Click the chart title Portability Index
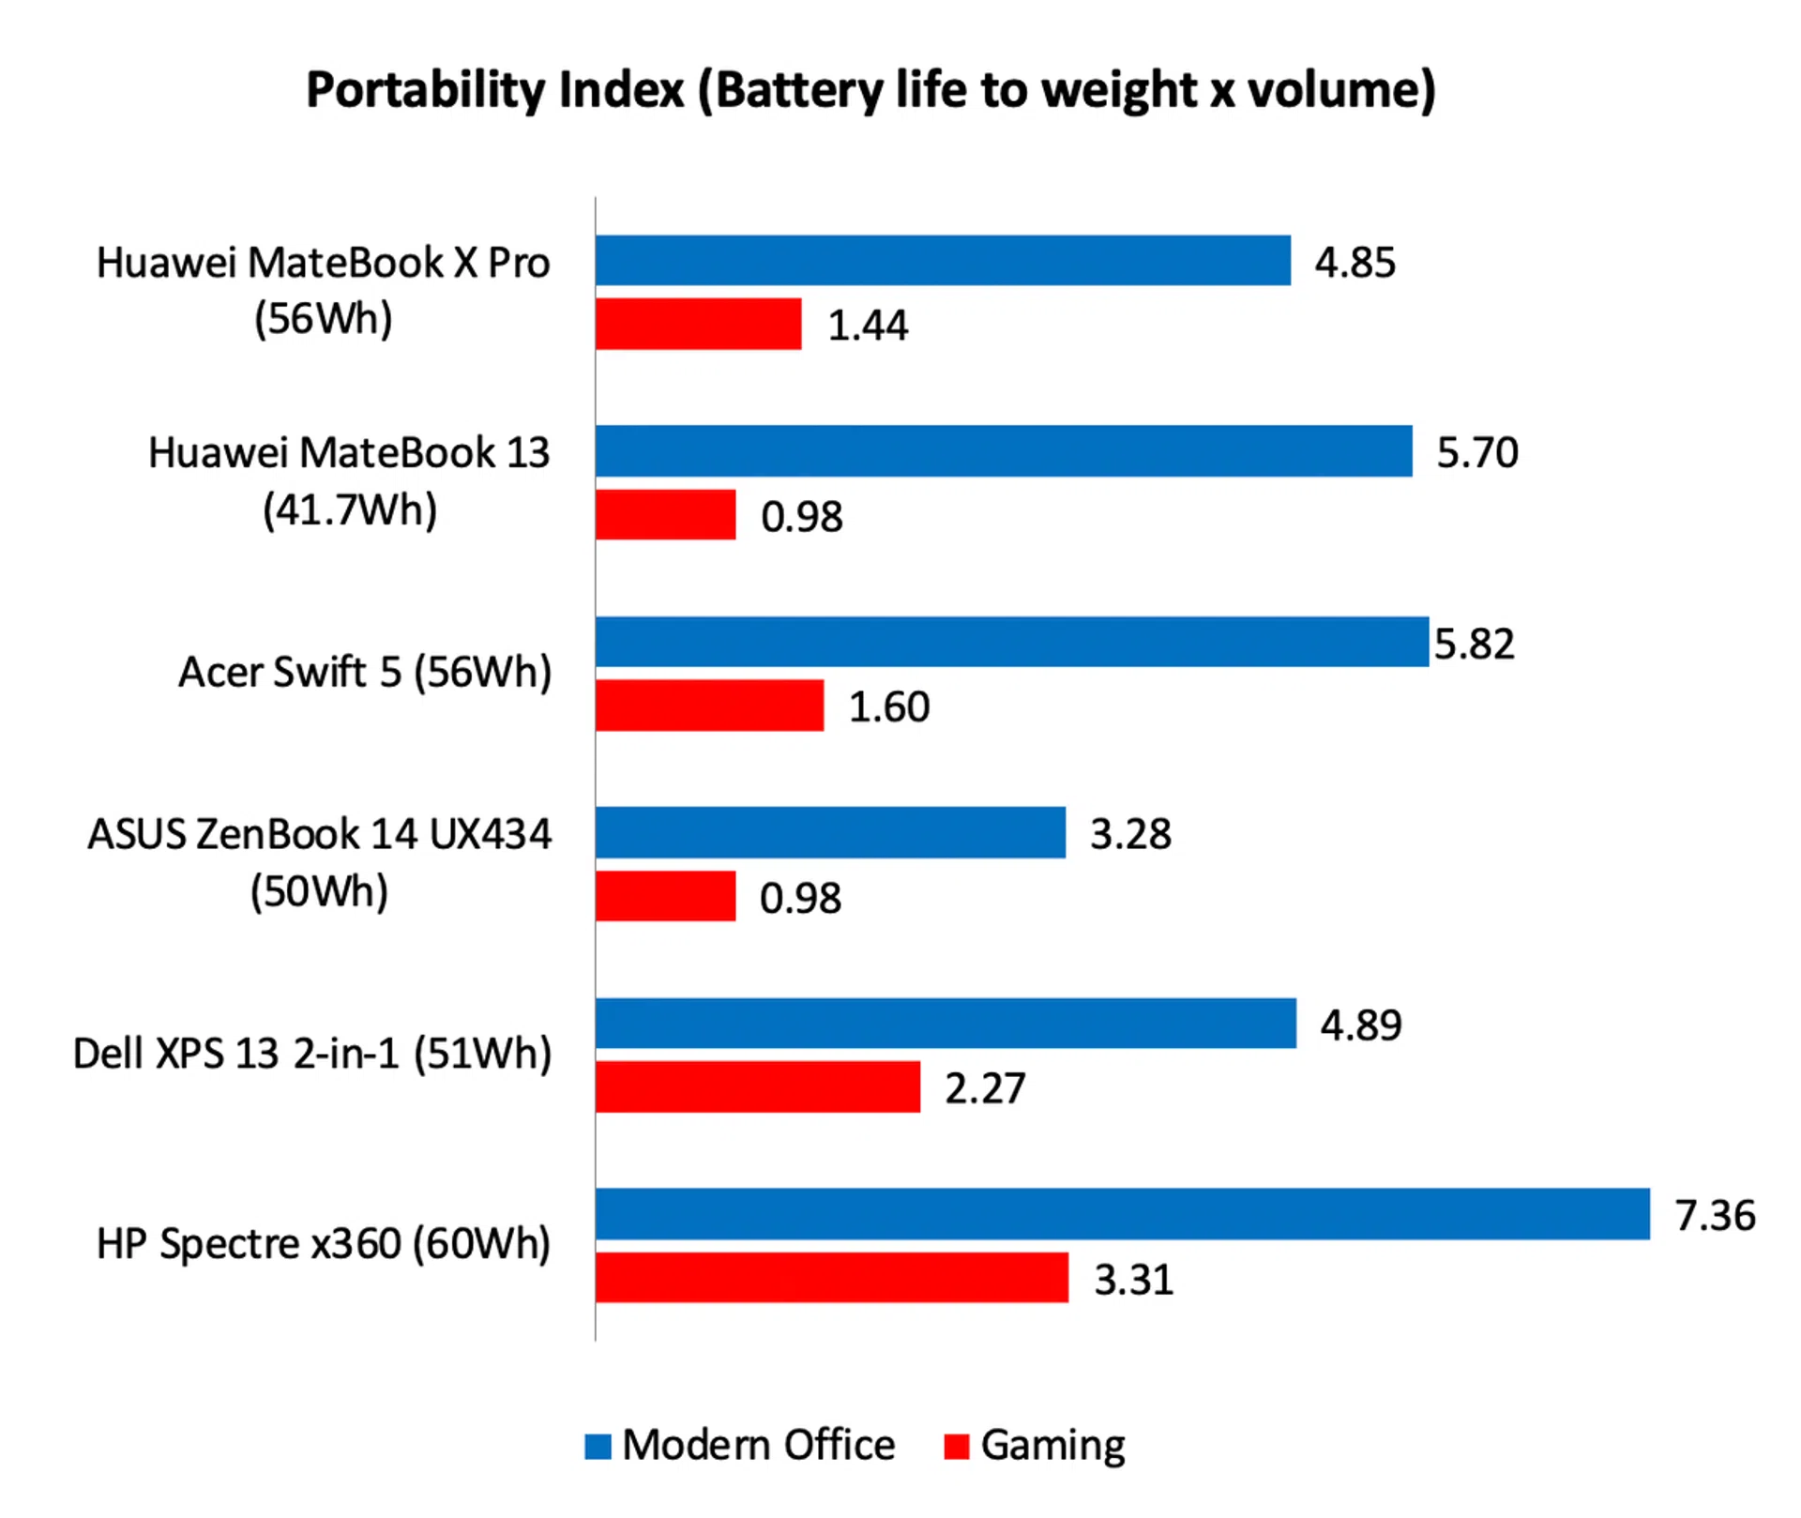tap(870, 91)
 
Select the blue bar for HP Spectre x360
tap(1122, 1213)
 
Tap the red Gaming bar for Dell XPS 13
tap(758, 1086)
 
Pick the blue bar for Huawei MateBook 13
tap(1004, 450)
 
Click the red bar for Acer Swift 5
tap(710, 705)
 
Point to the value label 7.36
tap(1715, 1215)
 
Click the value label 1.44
tap(868, 326)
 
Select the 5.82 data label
tap(1474, 644)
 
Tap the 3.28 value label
tap(1130, 833)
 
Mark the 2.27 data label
tap(985, 1088)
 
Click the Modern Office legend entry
tap(740, 1445)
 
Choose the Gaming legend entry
tap(1036, 1445)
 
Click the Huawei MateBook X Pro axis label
tap(323, 290)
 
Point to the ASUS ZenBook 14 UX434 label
tap(319, 861)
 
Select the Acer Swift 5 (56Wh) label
tap(365, 672)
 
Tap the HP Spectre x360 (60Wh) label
tap(324, 1244)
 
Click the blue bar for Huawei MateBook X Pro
tap(943, 260)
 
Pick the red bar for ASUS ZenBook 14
tap(666, 896)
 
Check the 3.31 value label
tap(1133, 1279)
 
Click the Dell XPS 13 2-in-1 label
tap(312, 1054)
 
